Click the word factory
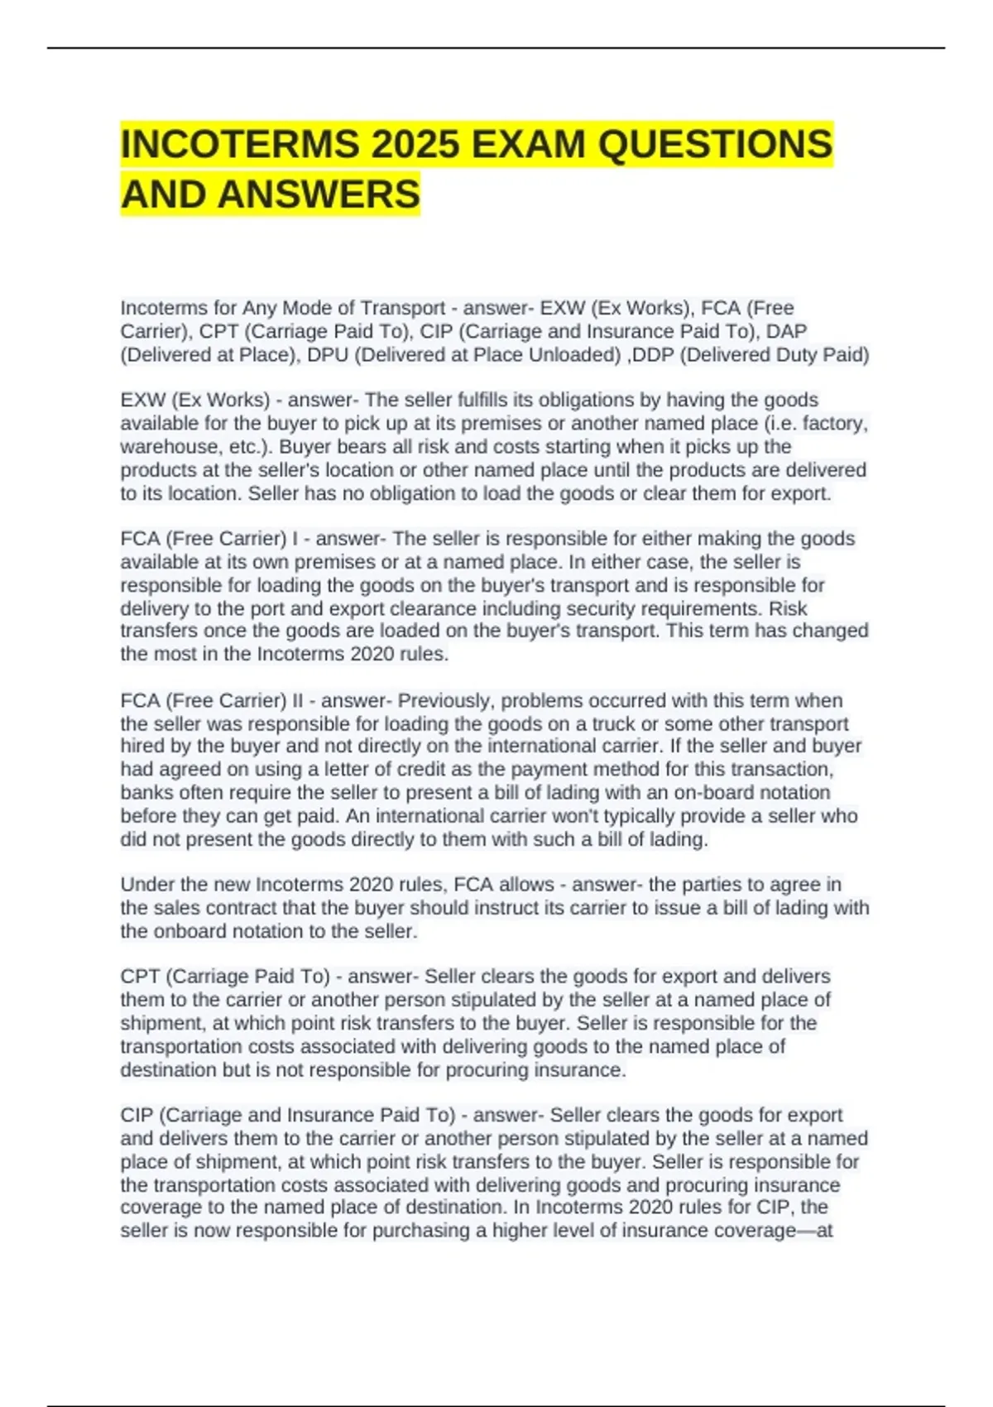point(834,424)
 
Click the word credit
point(434,770)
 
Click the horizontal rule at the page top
point(496,48)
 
